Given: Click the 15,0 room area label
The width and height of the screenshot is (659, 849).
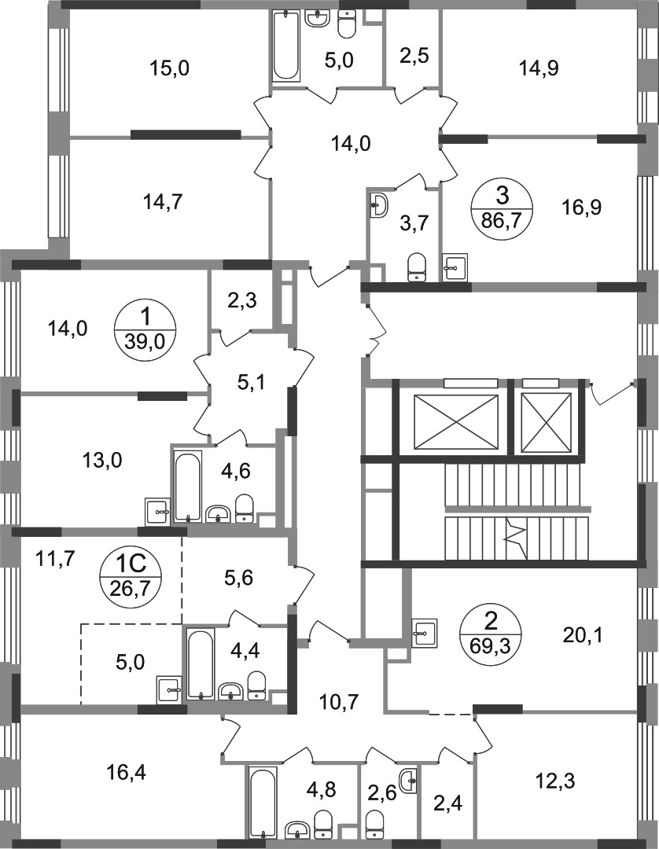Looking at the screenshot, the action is [170, 68].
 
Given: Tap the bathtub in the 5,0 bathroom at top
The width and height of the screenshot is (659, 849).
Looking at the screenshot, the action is [286, 46].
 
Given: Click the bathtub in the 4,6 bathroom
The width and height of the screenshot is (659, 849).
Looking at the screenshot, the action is [187, 487].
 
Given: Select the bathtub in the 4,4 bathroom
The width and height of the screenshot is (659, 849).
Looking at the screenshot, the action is [201, 664].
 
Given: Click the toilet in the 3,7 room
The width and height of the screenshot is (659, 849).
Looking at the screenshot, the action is [417, 268].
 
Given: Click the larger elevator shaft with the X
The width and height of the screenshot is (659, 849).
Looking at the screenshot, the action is [455, 422].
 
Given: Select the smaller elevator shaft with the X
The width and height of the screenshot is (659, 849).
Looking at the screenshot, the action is [547, 422].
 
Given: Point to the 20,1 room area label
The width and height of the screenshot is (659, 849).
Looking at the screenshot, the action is [582, 634].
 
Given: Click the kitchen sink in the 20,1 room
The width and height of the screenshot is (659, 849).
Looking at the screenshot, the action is [425, 633].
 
